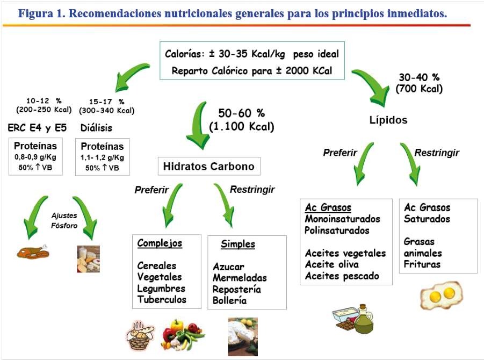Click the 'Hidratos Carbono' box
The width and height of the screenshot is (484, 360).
(x=209, y=167)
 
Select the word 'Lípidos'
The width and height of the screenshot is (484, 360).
(x=388, y=120)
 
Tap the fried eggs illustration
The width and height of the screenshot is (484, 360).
(x=442, y=295)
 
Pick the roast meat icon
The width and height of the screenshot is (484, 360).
(x=33, y=252)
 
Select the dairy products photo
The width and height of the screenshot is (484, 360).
(x=88, y=259)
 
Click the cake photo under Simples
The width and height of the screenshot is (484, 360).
(x=243, y=336)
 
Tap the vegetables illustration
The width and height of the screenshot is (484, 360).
(x=183, y=335)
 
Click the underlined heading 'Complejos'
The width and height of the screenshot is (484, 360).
(x=160, y=243)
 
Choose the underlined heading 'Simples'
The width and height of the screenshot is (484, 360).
(x=238, y=244)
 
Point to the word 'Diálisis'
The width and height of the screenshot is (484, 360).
(x=96, y=127)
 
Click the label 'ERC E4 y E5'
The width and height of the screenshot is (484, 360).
(x=37, y=127)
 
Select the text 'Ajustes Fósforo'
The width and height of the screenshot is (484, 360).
(x=64, y=220)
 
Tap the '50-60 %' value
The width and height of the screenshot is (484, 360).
(x=241, y=113)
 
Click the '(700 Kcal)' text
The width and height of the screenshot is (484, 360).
(x=419, y=89)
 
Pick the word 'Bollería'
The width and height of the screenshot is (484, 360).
(x=229, y=300)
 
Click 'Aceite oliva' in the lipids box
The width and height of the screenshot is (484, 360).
(x=332, y=264)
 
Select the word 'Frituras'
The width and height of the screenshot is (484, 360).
(x=422, y=264)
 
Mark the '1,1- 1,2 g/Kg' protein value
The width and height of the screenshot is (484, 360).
(x=102, y=157)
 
